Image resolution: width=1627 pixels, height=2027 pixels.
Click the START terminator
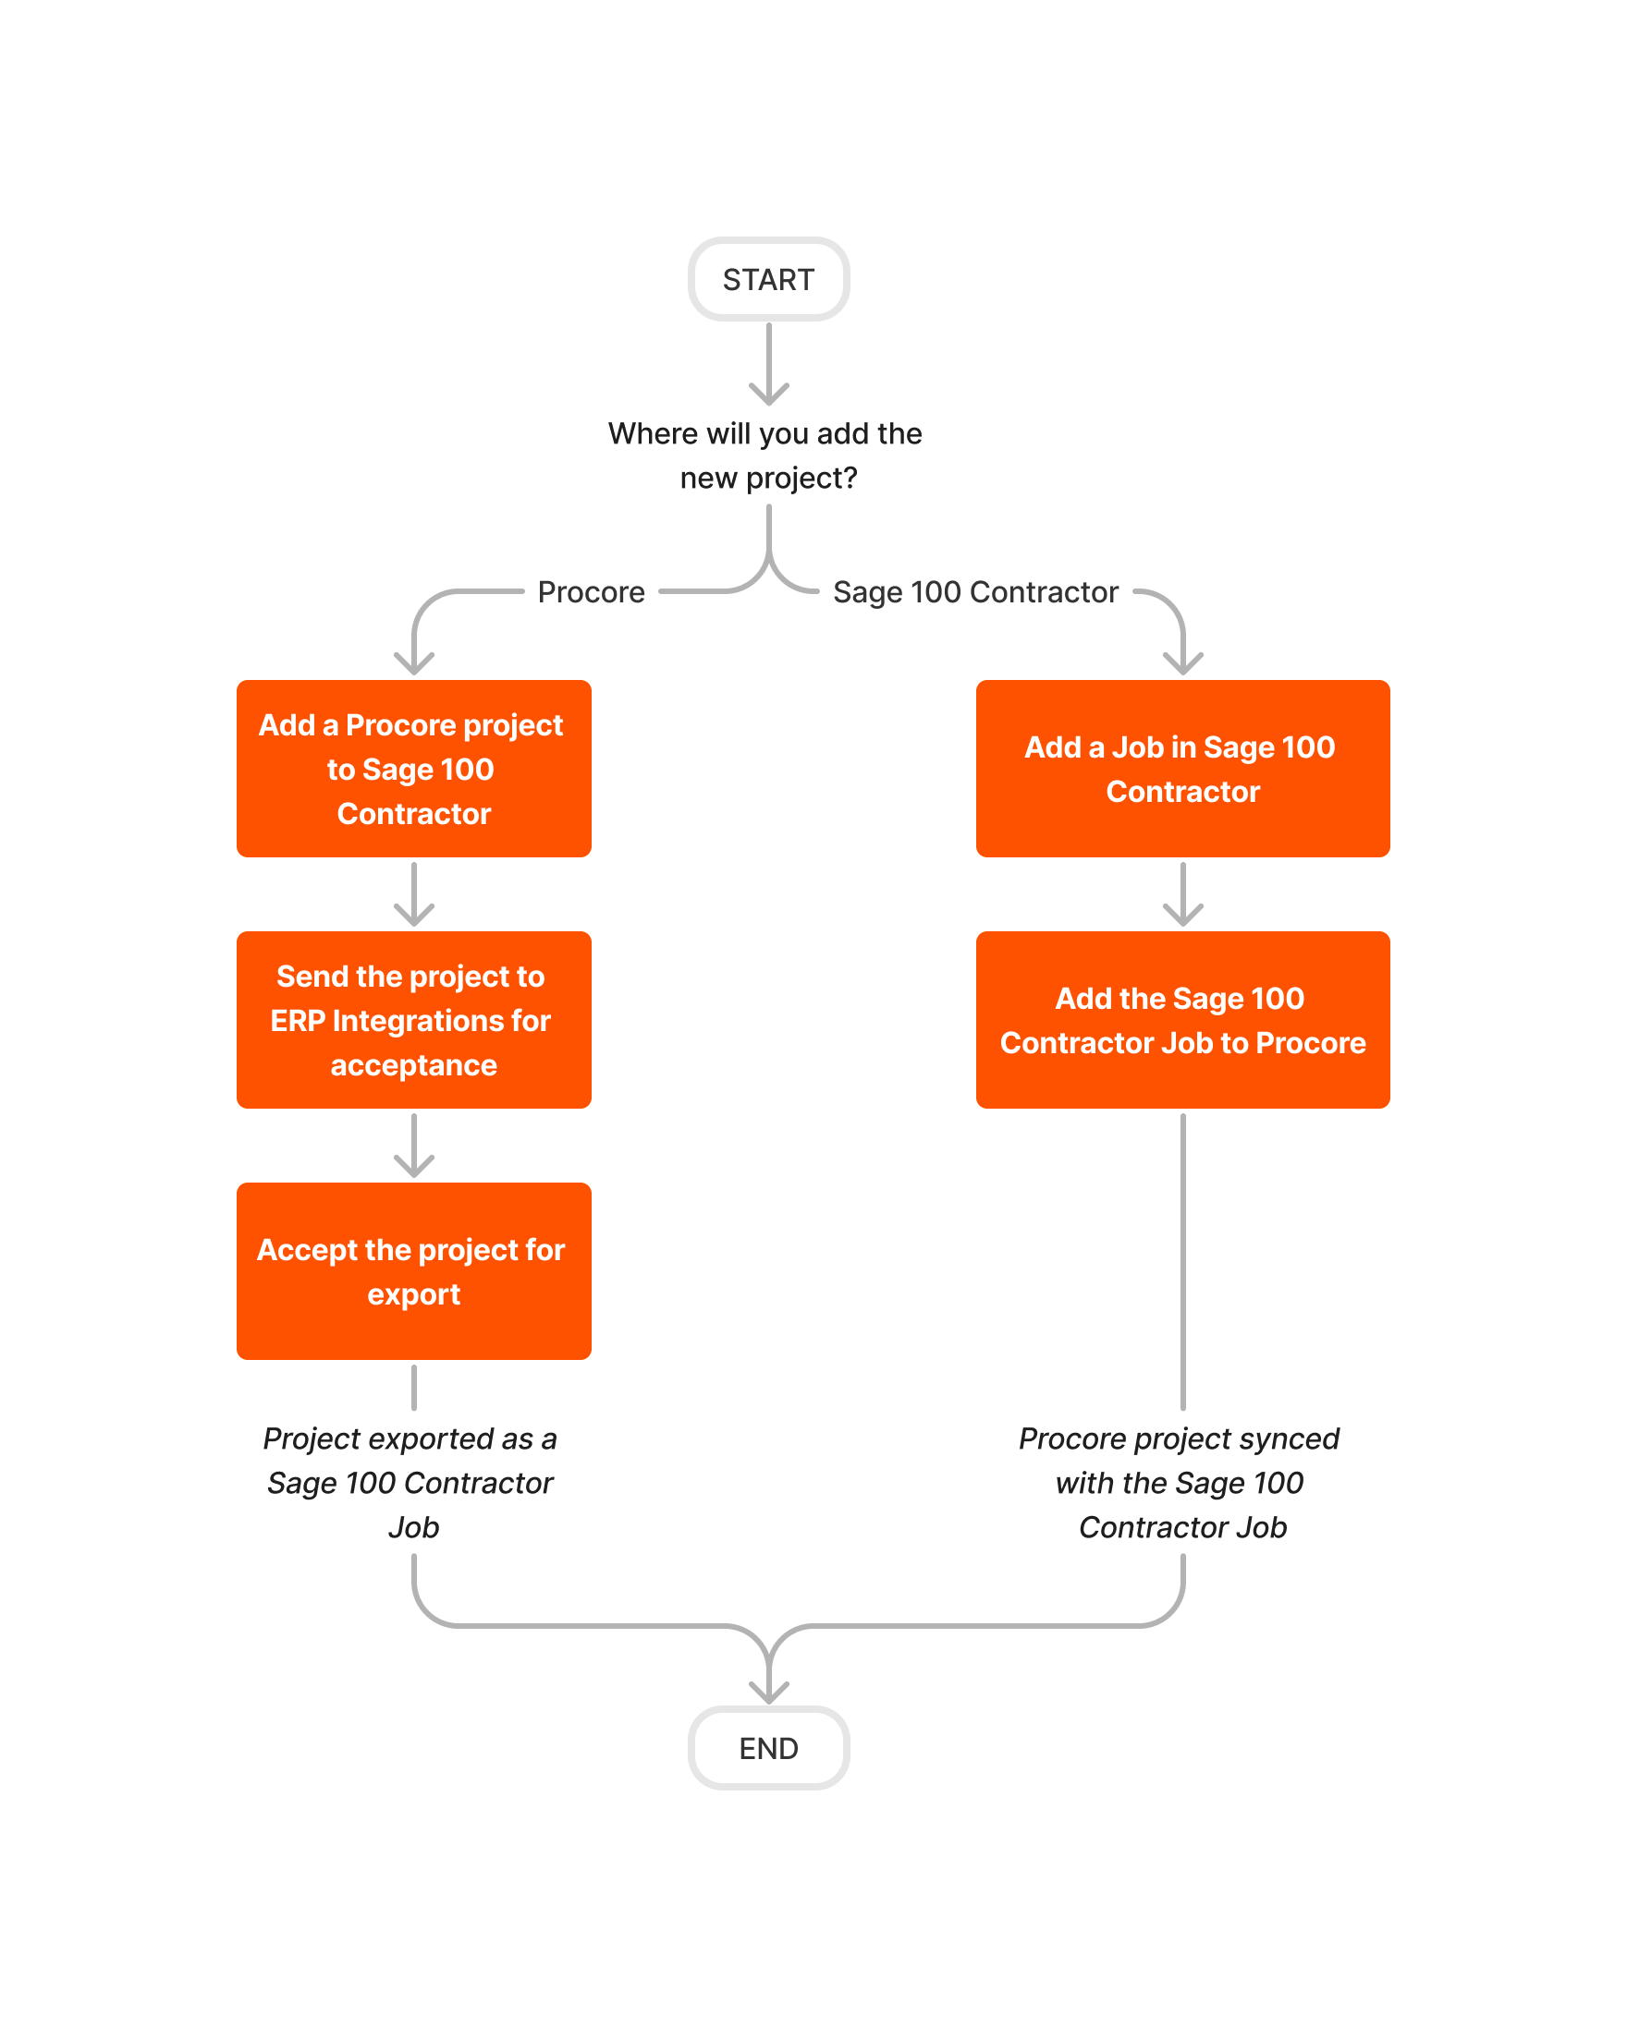(768, 279)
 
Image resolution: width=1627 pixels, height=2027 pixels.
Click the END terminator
(768, 1748)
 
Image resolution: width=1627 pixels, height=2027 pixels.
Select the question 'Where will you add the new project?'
(766, 455)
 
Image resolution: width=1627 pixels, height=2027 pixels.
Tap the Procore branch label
(591, 592)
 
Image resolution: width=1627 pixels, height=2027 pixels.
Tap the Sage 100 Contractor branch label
(975, 592)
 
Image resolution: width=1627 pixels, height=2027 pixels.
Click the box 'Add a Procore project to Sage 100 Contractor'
(414, 768)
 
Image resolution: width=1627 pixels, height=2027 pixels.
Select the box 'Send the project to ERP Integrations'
(414, 1019)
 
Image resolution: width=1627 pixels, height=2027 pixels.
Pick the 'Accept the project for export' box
(414, 1270)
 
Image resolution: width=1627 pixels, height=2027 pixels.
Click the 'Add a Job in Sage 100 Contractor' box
(1182, 768)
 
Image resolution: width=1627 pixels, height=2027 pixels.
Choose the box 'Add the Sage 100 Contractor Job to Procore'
(1182, 1019)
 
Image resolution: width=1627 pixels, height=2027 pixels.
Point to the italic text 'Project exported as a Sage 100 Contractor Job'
(412, 1482)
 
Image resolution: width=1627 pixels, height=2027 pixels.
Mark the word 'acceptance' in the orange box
(414, 1065)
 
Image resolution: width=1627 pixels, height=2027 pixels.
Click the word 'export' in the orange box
(414, 1294)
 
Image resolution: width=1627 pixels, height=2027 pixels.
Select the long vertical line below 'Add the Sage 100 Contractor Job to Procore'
(1182, 1260)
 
